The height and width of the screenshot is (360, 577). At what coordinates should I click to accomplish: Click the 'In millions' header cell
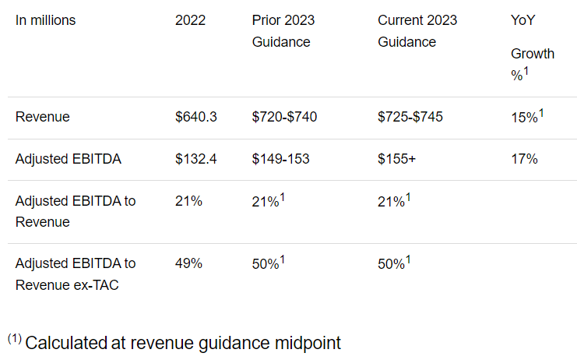(45, 20)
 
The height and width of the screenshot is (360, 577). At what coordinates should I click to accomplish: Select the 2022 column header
(191, 20)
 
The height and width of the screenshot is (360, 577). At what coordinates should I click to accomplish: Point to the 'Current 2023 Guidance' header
(418, 31)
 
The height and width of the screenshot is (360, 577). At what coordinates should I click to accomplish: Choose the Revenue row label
(43, 117)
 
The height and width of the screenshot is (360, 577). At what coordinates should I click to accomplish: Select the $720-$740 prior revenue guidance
(284, 117)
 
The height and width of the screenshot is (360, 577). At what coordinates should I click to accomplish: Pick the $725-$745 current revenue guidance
(410, 117)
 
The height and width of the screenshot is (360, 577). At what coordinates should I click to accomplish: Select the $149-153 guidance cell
(280, 159)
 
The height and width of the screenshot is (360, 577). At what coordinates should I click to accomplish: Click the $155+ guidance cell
(397, 159)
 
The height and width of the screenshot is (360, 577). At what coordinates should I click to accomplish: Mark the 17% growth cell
(524, 159)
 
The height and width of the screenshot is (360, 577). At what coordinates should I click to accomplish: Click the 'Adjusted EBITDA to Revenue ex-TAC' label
(76, 274)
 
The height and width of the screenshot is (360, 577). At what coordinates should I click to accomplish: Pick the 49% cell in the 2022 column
(189, 263)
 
